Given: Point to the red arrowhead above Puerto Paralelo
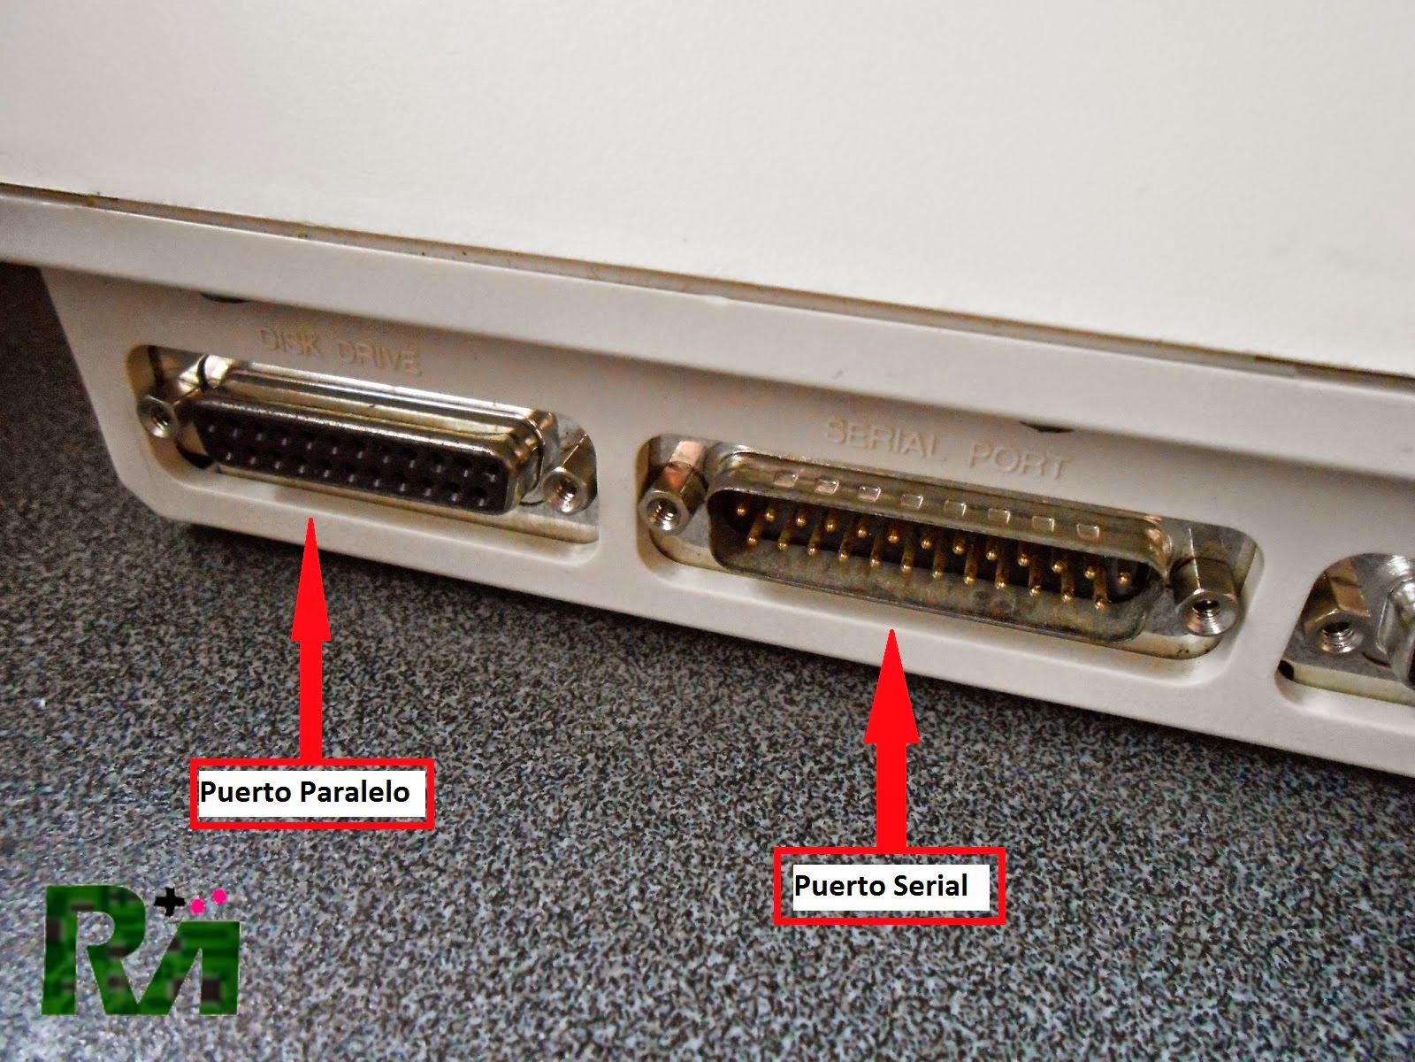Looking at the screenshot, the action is click(x=310, y=578).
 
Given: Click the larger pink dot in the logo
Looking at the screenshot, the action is click(x=220, y=897).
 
